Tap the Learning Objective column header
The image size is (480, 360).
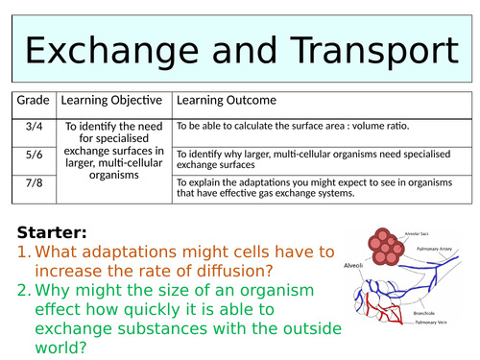point(113,100)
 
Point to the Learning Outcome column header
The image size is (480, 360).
point(226,100)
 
